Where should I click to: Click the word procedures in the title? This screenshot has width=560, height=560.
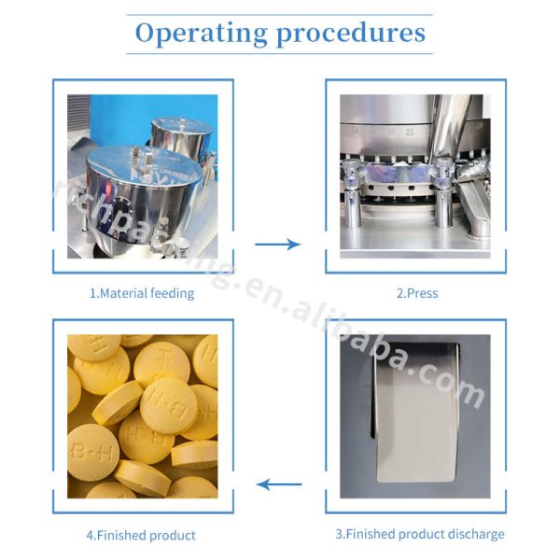(351, 34)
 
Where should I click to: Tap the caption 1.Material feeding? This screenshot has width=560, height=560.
(142, 293)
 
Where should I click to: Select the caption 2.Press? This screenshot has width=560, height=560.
(416, 293)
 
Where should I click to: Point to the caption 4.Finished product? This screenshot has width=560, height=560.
(142, 536)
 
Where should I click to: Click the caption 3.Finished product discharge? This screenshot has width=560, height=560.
(420, 535)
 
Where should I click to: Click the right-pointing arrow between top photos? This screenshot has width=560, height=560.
(278, 245)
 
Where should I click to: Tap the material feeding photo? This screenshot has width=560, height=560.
(142, 175)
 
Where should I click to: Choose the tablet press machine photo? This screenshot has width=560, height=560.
(416, 175)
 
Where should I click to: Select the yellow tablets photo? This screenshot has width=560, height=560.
(142, 416)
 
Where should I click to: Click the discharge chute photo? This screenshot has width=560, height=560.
(416, 416)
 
